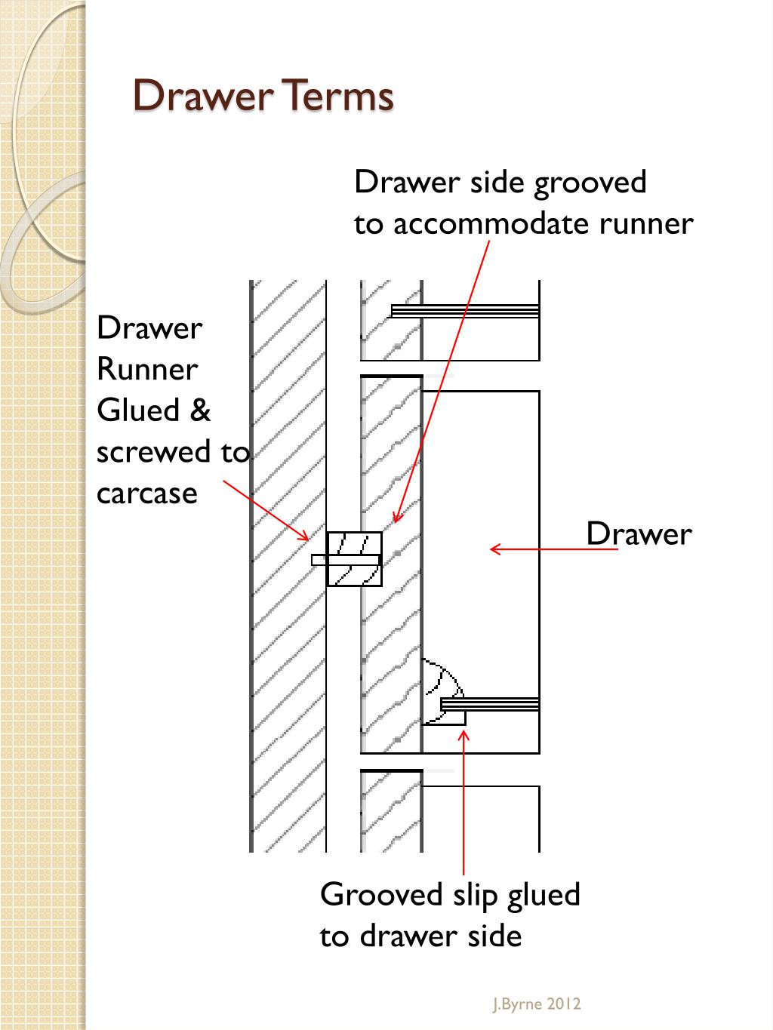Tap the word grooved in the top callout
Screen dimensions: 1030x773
point(590,183)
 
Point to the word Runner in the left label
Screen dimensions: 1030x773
point(147,369)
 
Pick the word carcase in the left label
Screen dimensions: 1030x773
point(147,493)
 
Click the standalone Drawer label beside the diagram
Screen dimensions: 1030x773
point(639,534)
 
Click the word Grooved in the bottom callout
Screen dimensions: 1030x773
point(381,895)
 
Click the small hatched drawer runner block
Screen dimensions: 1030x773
point(354,559)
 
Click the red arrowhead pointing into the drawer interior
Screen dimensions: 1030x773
point(495,549)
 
